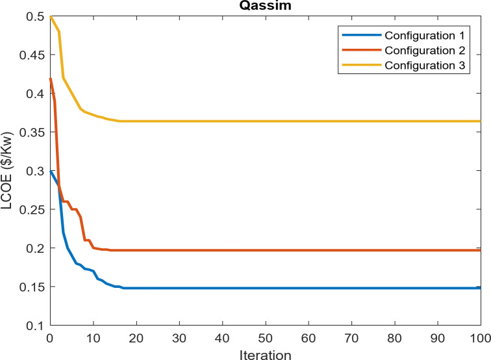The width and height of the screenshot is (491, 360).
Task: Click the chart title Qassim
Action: tap(265, 6)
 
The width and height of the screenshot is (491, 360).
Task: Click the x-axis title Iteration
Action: tap(265, 354)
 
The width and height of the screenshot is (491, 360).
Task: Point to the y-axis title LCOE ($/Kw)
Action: tap(8, 171)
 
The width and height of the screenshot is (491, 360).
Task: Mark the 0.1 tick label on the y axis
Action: tap(34, 326)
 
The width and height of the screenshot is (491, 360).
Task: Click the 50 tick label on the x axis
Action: tap(265, 339)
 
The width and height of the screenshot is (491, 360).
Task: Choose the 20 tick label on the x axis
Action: tap(136, 339)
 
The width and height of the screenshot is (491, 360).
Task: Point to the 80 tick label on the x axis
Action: tap(394, 339)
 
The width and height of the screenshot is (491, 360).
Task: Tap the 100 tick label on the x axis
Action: tap(479, 339)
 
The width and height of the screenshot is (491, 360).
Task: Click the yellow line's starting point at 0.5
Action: tap(50, 17)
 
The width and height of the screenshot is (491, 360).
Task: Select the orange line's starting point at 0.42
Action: tap(50, 79)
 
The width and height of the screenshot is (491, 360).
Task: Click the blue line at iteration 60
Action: tap(308, 288)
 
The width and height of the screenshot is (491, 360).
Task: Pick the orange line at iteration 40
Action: tap(222, 250)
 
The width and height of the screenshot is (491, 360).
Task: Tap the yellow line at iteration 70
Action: tap(351, 121)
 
